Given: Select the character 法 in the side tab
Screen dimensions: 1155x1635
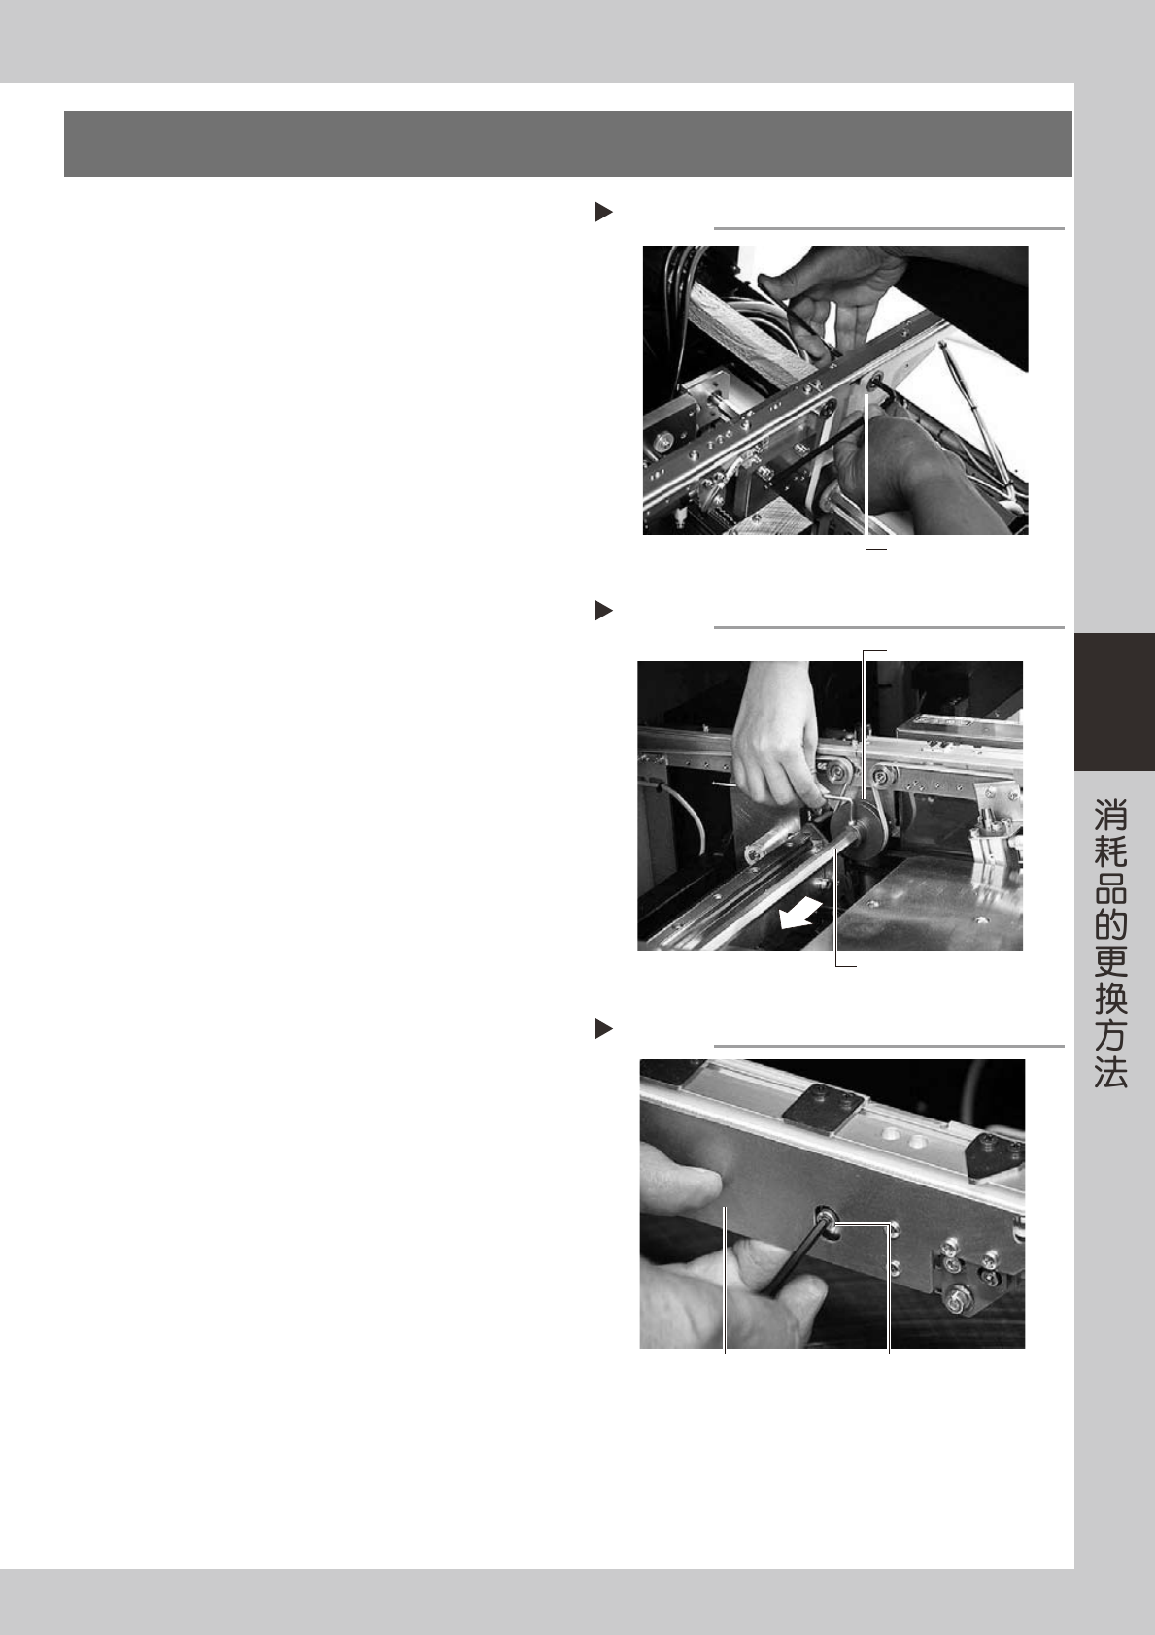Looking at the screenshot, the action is (1111, 1071).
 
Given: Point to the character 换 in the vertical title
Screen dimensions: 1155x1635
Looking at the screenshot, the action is (1111, 997).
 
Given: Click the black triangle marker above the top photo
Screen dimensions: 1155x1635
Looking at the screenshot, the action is (604, 213).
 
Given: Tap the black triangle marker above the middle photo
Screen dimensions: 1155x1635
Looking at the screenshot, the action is (604, 610).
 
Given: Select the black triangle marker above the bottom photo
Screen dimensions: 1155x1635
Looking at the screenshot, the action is (604, 1029).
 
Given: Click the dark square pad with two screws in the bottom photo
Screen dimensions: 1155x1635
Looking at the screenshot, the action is (819, 1108).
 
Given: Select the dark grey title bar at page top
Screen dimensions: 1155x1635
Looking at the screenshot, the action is (568, 144).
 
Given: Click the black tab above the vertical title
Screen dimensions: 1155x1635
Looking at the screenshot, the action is (1114, 701).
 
